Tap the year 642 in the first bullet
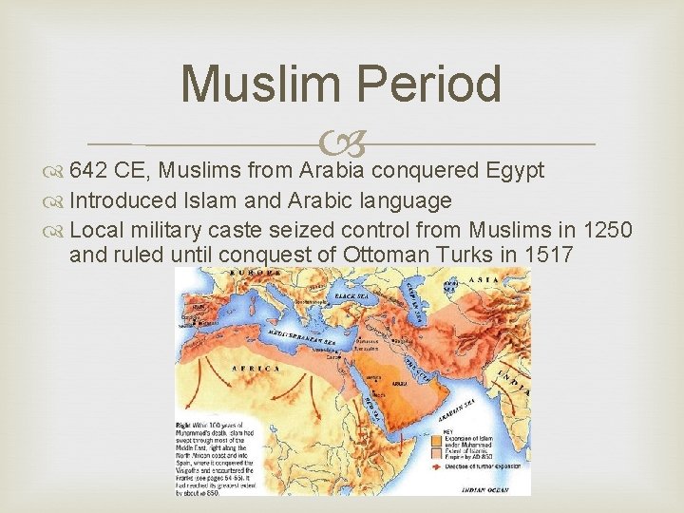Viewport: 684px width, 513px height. (88, 171)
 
